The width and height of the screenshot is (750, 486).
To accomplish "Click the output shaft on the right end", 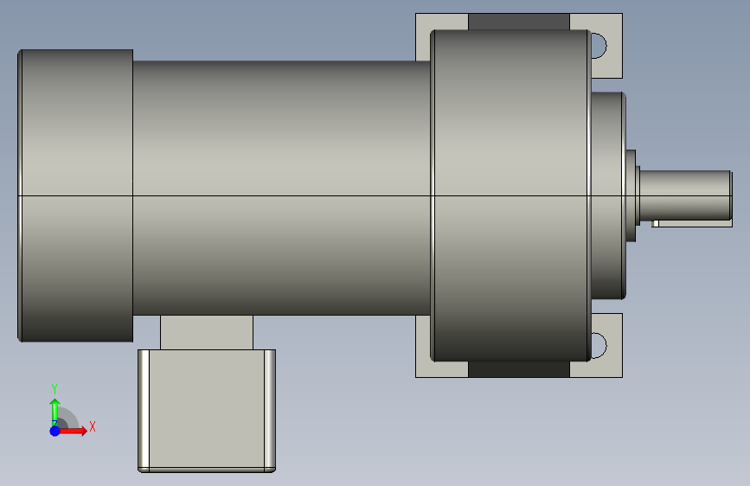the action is coord(686,195).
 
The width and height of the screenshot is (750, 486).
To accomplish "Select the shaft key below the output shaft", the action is coord(692,224).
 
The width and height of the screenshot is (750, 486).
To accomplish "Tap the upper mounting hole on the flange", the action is coord(599,46).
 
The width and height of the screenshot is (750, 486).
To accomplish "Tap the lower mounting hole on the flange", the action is coord(599,345).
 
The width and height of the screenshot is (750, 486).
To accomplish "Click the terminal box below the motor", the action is coord(207,411).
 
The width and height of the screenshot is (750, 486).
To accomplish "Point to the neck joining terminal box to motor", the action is coord(207,332).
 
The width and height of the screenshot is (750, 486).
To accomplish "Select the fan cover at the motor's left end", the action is coord(75,195).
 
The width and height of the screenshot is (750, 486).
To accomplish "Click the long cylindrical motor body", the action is coord(282,188).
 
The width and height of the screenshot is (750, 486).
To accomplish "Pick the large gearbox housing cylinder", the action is coord(511,195).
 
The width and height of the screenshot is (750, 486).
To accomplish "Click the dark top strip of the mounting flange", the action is coord(519,22).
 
